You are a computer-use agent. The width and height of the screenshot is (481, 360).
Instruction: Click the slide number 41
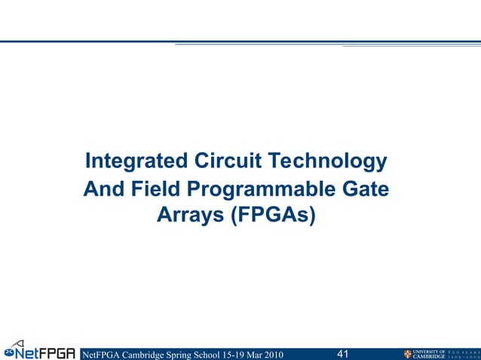[x=342, y=353]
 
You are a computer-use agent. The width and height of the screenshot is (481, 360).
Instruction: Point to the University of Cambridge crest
[x=408, y=353]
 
